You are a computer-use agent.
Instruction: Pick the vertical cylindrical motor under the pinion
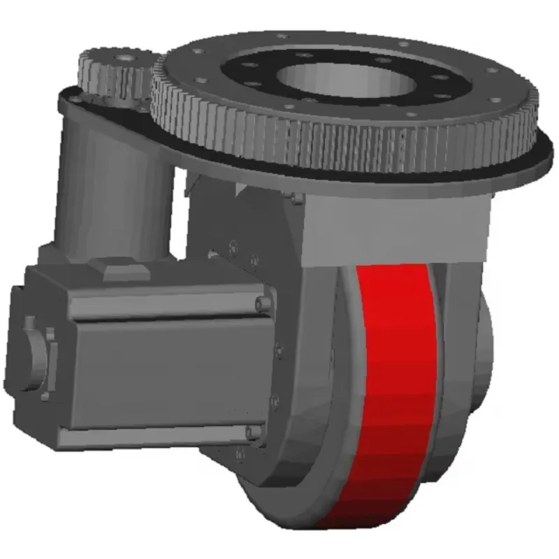click(115, 189)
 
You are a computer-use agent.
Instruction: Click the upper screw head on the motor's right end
click(261, 303)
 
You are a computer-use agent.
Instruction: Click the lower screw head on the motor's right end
click(253, 433)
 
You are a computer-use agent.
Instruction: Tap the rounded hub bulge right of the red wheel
click(482, 335)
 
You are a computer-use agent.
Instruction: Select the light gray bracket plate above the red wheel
click(391, 224)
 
